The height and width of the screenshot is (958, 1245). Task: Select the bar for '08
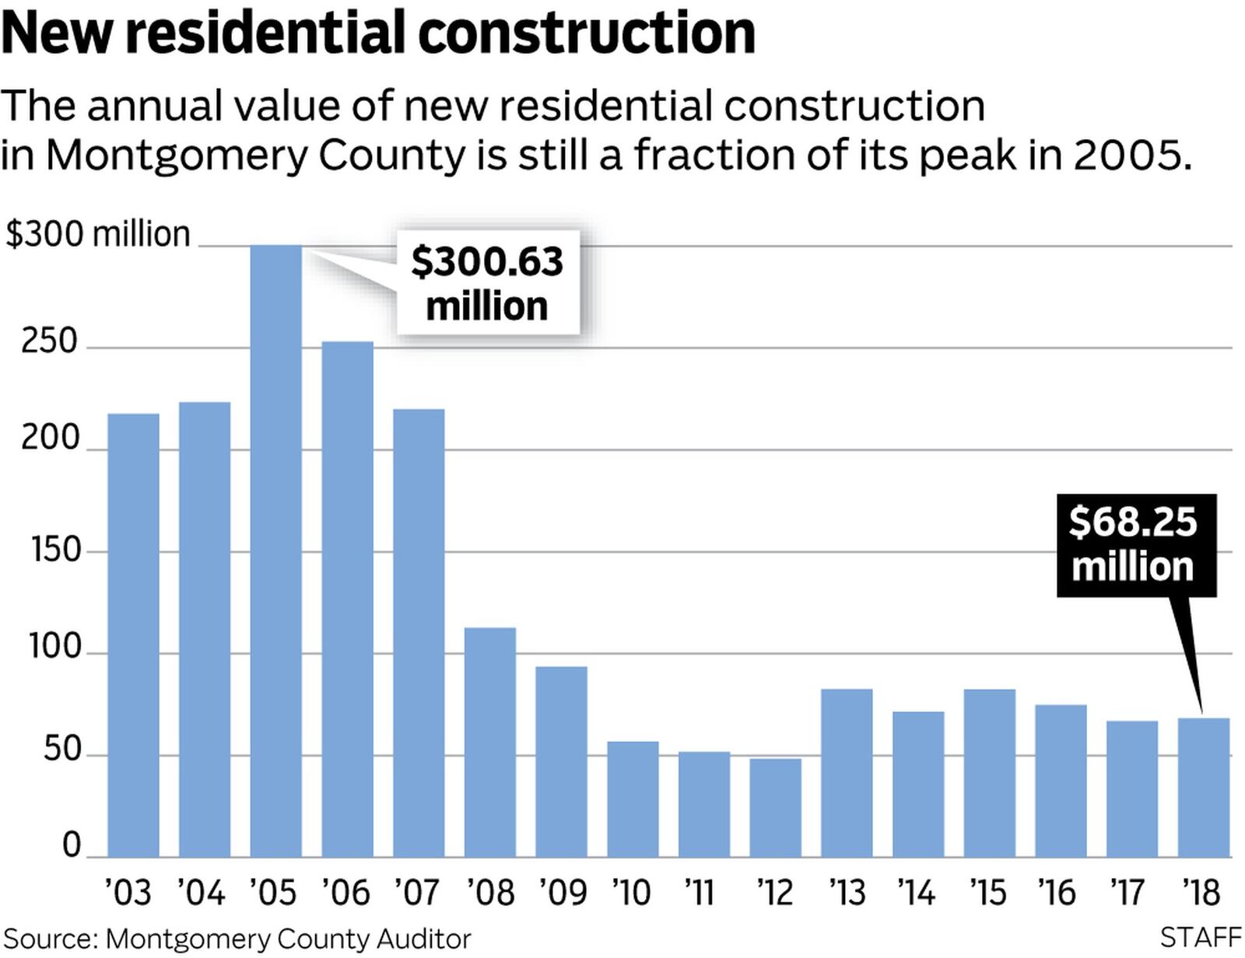490,742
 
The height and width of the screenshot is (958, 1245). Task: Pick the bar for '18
1204,787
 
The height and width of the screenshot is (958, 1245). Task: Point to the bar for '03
133,635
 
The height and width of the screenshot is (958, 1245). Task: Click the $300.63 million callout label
488,283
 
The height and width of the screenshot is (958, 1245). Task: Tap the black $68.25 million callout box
1135,545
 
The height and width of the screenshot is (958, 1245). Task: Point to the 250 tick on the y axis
50,341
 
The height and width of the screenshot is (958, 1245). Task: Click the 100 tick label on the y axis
55,647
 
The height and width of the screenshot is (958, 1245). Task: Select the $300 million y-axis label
98,234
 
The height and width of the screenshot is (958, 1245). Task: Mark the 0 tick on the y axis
72,844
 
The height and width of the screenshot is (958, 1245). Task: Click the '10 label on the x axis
631,893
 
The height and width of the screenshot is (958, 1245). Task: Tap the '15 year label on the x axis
988,893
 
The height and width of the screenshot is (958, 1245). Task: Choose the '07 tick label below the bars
417,893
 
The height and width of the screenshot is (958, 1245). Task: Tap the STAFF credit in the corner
1201,938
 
